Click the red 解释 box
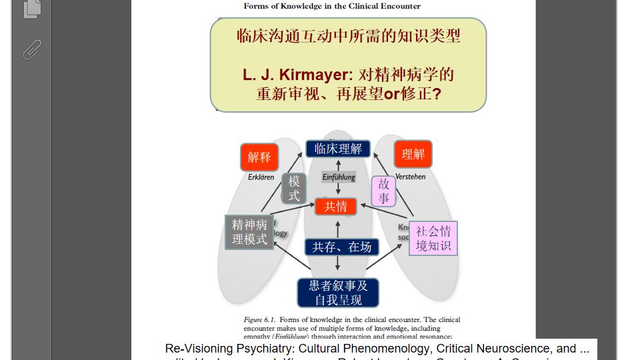tap(259, 157)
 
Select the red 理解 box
tap(413, 154)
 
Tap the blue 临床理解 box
tap(338, 149)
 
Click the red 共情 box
tap(336, 207)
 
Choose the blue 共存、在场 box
tap(341, 247)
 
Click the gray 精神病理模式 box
tap(249, 232)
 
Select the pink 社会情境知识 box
tap(433, 239)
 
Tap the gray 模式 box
tap(294, 188)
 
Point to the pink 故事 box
tap(384, 191)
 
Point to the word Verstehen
tap(410, 177)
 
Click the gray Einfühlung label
tap(339, 177)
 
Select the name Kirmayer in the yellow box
tap(311, 75)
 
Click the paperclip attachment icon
tap(31, 49)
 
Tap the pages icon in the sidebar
tap(31, 8)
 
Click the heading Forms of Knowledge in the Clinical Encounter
tap(332, 6)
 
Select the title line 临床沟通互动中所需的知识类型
tap(348, 36)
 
